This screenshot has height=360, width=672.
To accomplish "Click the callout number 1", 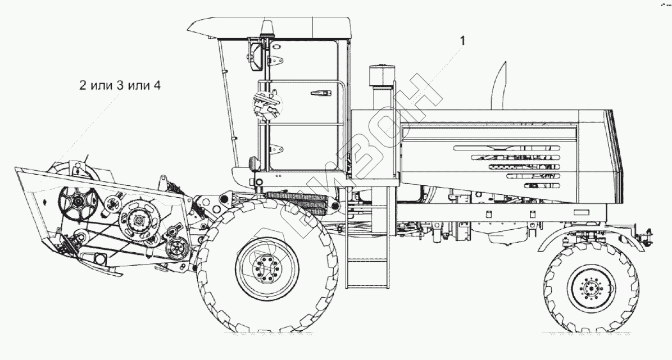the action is [462, 40].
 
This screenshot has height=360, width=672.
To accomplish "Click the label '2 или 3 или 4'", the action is [120, 85].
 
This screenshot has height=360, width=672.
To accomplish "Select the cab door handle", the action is [321, 93].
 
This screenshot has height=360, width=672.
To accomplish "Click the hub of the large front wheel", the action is [267, 269].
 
